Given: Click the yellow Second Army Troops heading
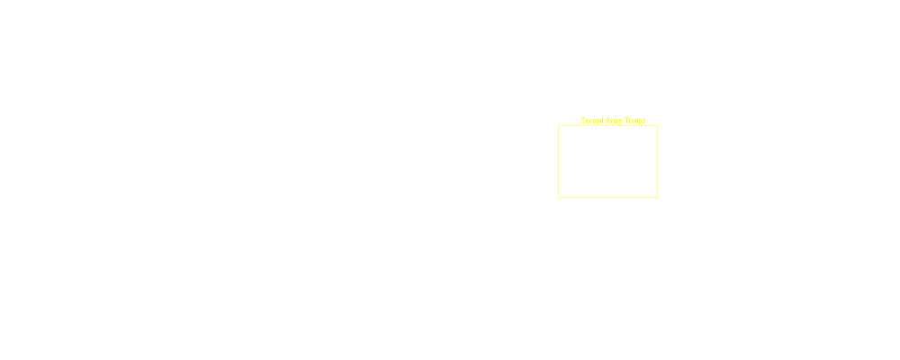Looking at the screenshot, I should pos(613,121).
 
